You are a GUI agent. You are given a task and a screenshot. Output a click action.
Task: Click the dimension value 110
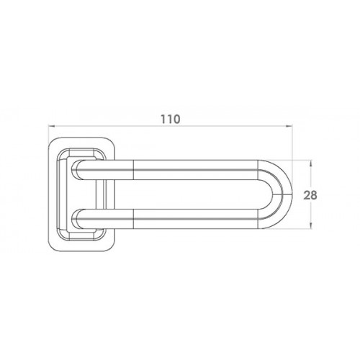pos(170,120)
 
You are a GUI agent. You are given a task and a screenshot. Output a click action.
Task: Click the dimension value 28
pos(310,195)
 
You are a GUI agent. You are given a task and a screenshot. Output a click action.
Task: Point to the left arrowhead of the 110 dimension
pos(51,125)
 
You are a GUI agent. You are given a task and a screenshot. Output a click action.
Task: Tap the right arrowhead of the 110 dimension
pos(289,125)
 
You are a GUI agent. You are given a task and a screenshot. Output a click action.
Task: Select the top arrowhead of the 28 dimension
pos(311,163)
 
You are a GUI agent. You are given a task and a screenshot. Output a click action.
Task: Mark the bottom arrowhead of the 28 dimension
pos(311,225)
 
